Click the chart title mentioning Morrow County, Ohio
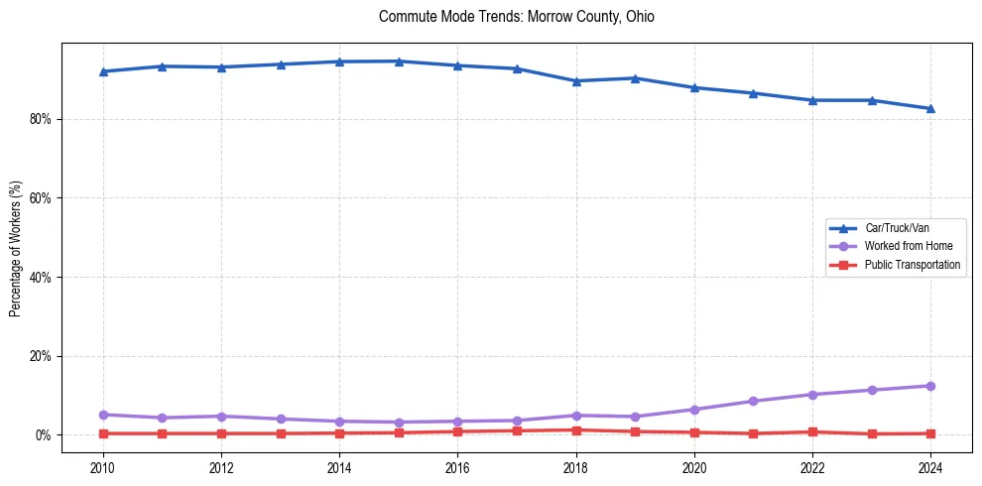517,17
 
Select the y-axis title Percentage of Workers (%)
15,248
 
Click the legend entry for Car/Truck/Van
897,228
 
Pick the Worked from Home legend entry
907,246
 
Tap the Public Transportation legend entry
912,265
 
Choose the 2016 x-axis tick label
457,467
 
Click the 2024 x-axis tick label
930,467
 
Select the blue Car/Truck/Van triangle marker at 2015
399,61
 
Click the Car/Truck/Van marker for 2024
930,108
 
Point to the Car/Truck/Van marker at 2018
576,80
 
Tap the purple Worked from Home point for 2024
930,386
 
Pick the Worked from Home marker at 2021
753,402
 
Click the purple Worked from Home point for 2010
103,415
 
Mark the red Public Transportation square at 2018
576,430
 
